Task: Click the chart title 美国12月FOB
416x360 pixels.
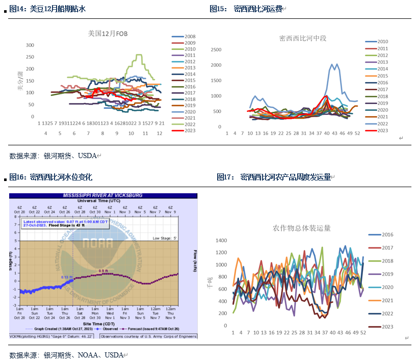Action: tap(108, 34)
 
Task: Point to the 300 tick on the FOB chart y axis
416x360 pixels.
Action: tap(30, 45)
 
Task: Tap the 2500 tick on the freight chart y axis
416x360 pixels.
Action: tap(216, 49)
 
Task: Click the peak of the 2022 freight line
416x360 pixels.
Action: tap(332, 64)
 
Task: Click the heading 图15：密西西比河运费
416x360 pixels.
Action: tap(247, 9)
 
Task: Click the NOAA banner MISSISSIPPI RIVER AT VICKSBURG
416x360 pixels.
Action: tap(102, 195)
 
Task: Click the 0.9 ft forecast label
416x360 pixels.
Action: tap(103, 271)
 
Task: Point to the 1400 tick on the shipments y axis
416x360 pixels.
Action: tap(221, 240)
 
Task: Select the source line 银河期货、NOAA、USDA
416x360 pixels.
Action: tap(67, 355)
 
